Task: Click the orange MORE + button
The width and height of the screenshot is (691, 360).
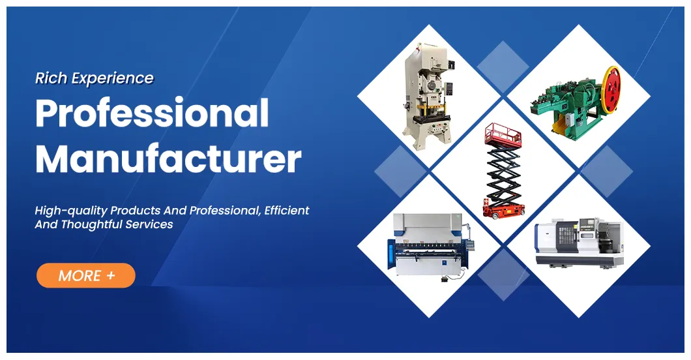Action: tap(85, 275)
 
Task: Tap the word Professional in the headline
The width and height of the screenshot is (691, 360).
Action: tap(152, 113)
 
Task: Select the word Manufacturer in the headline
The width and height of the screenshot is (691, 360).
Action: tap(168, 158)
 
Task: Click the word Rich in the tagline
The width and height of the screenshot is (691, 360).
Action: tap(51, 78)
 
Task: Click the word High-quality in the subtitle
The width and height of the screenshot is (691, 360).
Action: tap(71, 211)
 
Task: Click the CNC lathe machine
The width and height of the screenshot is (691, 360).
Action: tap(578, 242)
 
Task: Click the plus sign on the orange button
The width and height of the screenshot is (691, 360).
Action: tap(111, 275)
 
